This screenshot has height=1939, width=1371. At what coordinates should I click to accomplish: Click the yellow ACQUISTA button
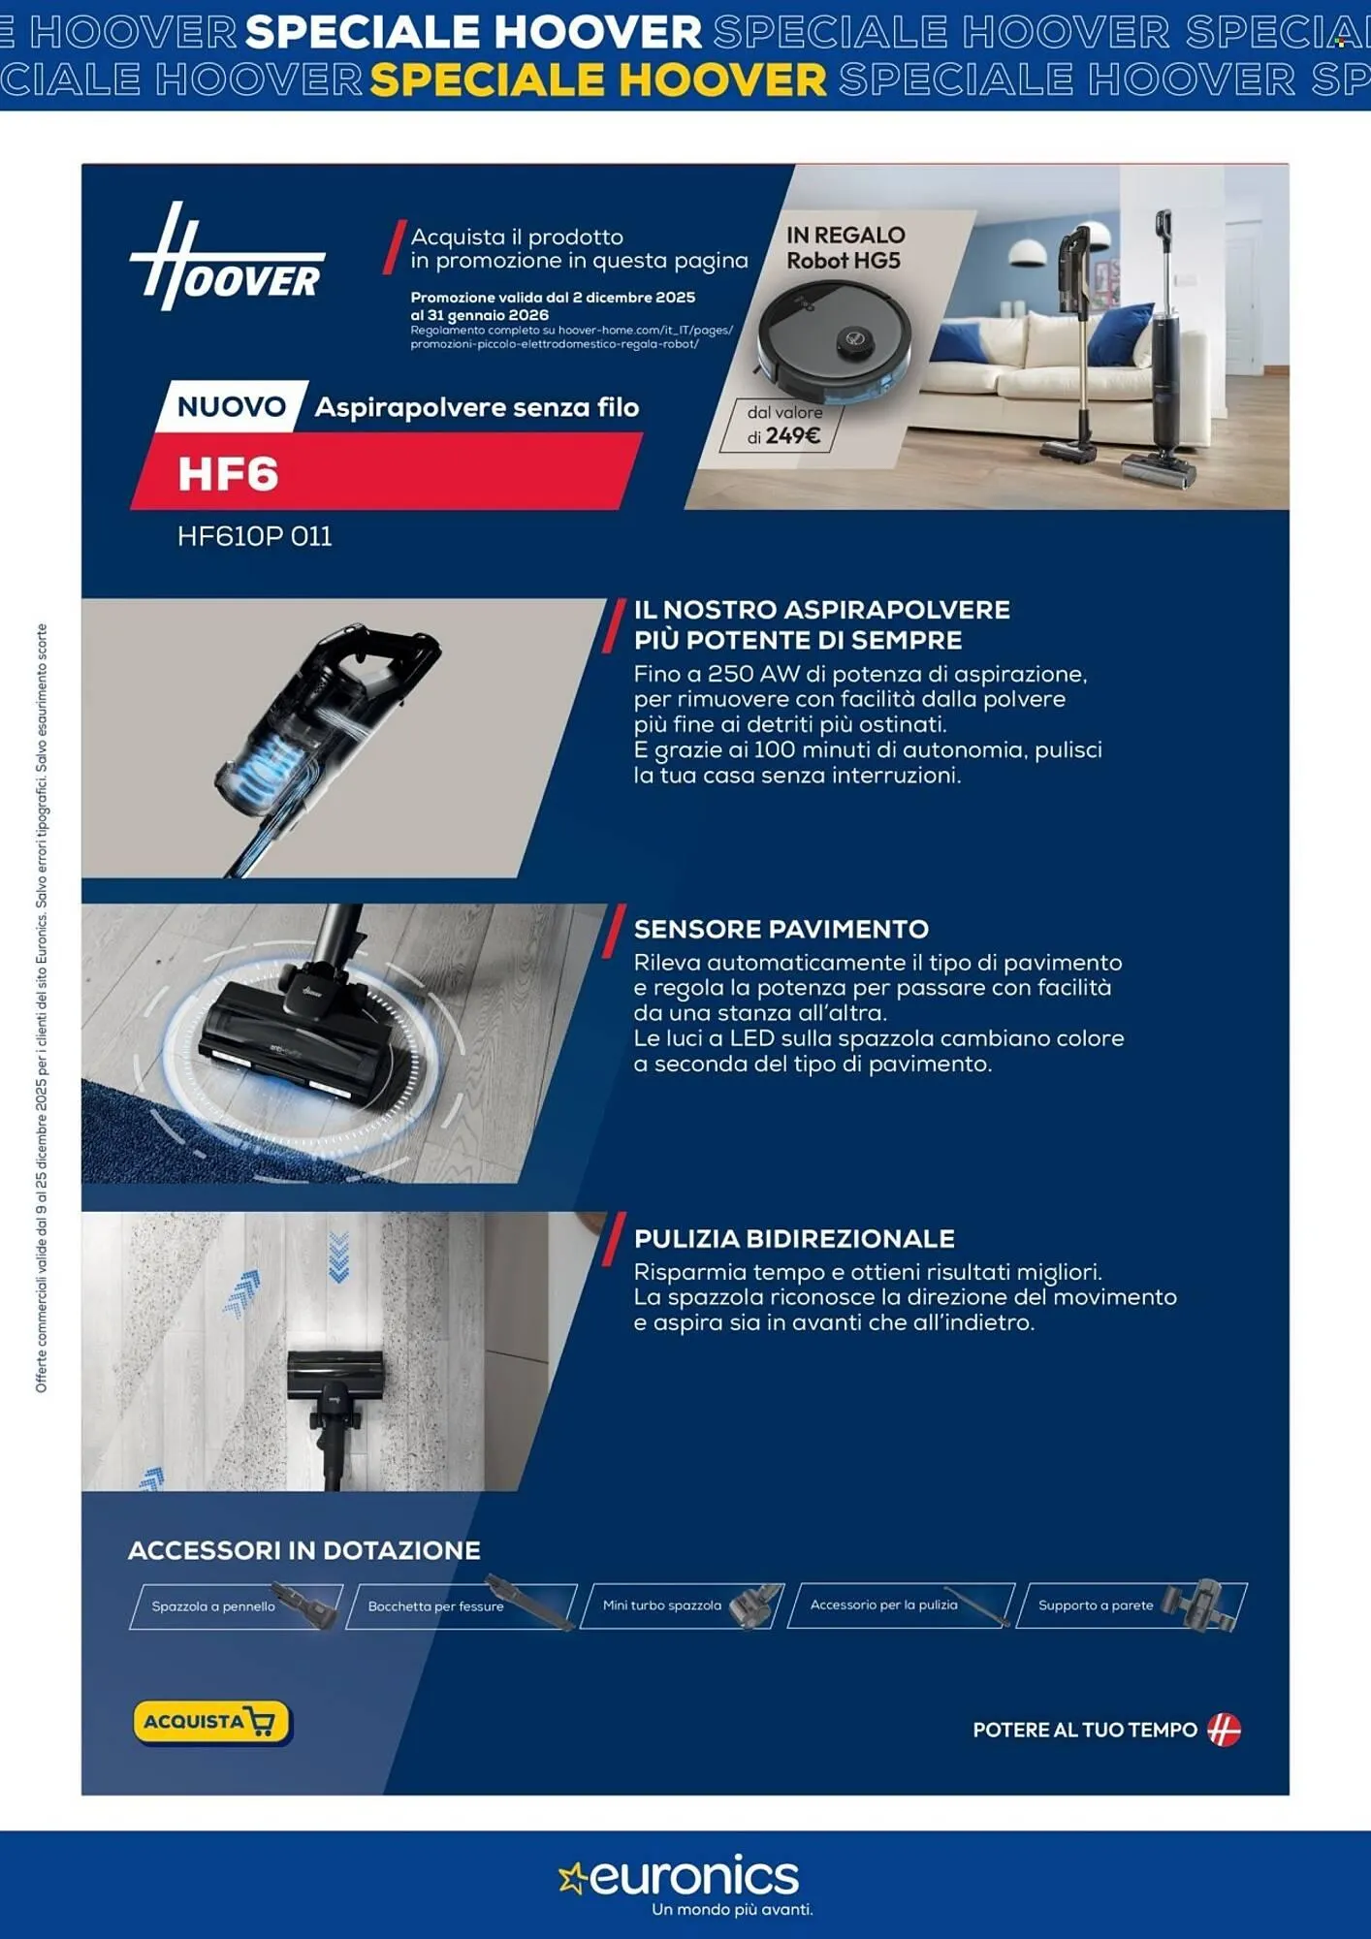click(210, 1722)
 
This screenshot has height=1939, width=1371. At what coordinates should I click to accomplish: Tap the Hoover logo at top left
click(228, 258)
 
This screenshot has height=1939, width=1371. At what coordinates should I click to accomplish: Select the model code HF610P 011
click(254, 536)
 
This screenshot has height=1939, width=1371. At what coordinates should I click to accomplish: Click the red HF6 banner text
click(229, 474)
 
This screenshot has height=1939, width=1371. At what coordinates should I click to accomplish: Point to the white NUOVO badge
click(231, 406)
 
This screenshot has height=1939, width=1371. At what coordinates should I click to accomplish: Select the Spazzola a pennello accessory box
click(236, 1606)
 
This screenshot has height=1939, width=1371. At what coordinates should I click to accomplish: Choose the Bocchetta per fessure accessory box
click(460, 1606)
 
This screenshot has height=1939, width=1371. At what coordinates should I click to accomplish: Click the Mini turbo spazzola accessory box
click(681, 1605)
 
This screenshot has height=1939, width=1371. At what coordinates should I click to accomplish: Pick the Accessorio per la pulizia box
click(900, 1605)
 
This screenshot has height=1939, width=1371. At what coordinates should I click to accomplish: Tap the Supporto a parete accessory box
click(1130, 1605)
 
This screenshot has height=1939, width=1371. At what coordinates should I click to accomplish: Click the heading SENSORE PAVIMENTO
click(781, 929)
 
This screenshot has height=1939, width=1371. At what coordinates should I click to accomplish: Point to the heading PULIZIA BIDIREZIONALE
click(794, 1238)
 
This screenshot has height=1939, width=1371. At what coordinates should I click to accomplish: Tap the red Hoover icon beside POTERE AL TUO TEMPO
click(1224, 1730)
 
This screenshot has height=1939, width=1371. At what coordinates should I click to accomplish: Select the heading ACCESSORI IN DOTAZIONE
click(303, 1550)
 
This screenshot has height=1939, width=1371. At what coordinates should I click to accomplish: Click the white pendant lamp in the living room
click(1026, 252)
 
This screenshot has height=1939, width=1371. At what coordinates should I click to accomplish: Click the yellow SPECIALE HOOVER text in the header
click(598, 79)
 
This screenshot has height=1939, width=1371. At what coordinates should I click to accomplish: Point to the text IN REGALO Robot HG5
click(845, 247)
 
